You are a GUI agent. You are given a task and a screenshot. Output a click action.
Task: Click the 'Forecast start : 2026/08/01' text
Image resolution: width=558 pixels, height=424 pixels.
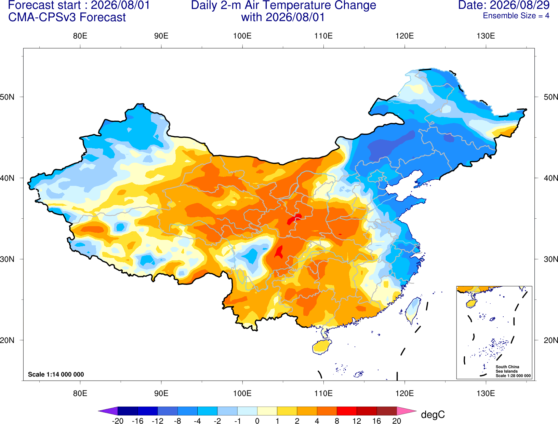79,5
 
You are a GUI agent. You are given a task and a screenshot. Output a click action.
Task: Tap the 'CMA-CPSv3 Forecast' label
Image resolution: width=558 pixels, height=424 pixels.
67,17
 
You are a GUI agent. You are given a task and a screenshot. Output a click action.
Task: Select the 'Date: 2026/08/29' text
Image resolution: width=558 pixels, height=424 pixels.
504,5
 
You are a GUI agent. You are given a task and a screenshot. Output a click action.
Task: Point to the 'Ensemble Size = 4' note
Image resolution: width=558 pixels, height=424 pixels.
516,16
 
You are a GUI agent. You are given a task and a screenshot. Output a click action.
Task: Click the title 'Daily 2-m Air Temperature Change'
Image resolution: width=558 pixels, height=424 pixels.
283,5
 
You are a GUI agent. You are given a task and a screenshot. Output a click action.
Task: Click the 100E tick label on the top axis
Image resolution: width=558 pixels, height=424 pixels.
242,36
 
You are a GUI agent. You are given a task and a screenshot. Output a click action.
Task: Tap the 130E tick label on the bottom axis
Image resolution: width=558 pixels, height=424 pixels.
486,394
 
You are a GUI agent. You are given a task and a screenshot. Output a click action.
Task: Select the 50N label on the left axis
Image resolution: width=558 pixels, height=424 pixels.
7,97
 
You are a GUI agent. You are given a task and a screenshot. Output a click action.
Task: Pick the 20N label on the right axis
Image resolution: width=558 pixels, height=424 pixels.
551,340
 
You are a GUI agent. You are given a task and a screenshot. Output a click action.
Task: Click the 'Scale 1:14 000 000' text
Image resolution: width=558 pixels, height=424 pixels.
56,374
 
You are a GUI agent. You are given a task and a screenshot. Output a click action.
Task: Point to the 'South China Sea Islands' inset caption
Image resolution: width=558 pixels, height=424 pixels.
507,369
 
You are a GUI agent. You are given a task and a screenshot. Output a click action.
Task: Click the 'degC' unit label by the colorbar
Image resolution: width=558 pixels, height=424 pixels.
433,414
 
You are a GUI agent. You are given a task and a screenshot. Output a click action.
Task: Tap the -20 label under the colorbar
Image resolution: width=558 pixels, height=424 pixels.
118,421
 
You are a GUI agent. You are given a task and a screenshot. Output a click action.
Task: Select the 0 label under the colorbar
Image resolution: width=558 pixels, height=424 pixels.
257,421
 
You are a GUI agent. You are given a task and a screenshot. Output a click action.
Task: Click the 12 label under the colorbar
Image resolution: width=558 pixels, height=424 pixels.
357,421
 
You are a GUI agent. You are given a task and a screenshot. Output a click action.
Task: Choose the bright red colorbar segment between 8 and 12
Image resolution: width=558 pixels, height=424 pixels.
347,411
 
